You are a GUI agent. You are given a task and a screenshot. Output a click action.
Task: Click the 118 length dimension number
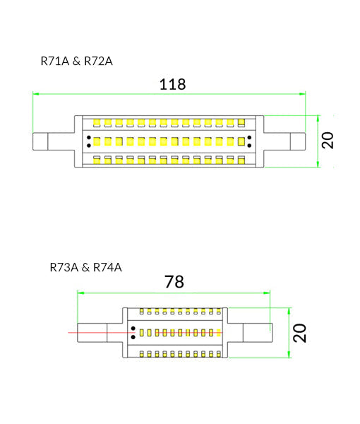pos(172,84)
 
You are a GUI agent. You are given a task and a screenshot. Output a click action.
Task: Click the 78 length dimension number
pos(174,282)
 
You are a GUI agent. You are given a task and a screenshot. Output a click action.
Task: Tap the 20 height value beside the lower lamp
pos(301,333)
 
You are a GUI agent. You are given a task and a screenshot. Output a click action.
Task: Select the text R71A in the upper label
pos(55,61)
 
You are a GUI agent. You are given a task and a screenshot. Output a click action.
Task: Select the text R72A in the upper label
pos(98,61)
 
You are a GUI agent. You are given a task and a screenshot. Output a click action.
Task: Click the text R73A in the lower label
pos(64,267)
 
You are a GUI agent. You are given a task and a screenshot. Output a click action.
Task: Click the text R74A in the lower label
pos(107,267)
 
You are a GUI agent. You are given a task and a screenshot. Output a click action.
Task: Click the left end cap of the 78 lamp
pos(92,332)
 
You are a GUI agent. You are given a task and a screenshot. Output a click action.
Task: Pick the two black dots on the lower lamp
pos(132,332)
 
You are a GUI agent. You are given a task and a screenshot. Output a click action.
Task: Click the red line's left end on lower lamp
pos(69,332)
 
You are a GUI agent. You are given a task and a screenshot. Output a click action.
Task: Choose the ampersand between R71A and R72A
pos(77,61)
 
